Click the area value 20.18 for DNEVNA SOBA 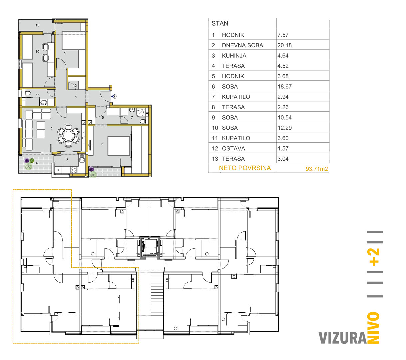[284, 45]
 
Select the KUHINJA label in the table [234, 56]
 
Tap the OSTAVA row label [233, 148]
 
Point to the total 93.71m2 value [317, 169]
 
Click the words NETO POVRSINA [245, 168]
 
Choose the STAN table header [220, 23]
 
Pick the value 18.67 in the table [284, 87]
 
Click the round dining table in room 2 [68, 136]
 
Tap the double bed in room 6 [119, 146]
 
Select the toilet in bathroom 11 [28, 93]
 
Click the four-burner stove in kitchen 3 [73, 170]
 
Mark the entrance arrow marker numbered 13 [114, 96]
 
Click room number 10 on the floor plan [38, 52]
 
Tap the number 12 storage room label [75, 86]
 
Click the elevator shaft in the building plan [150, 247]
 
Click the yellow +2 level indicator [374, 257]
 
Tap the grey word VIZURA [342, 338]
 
